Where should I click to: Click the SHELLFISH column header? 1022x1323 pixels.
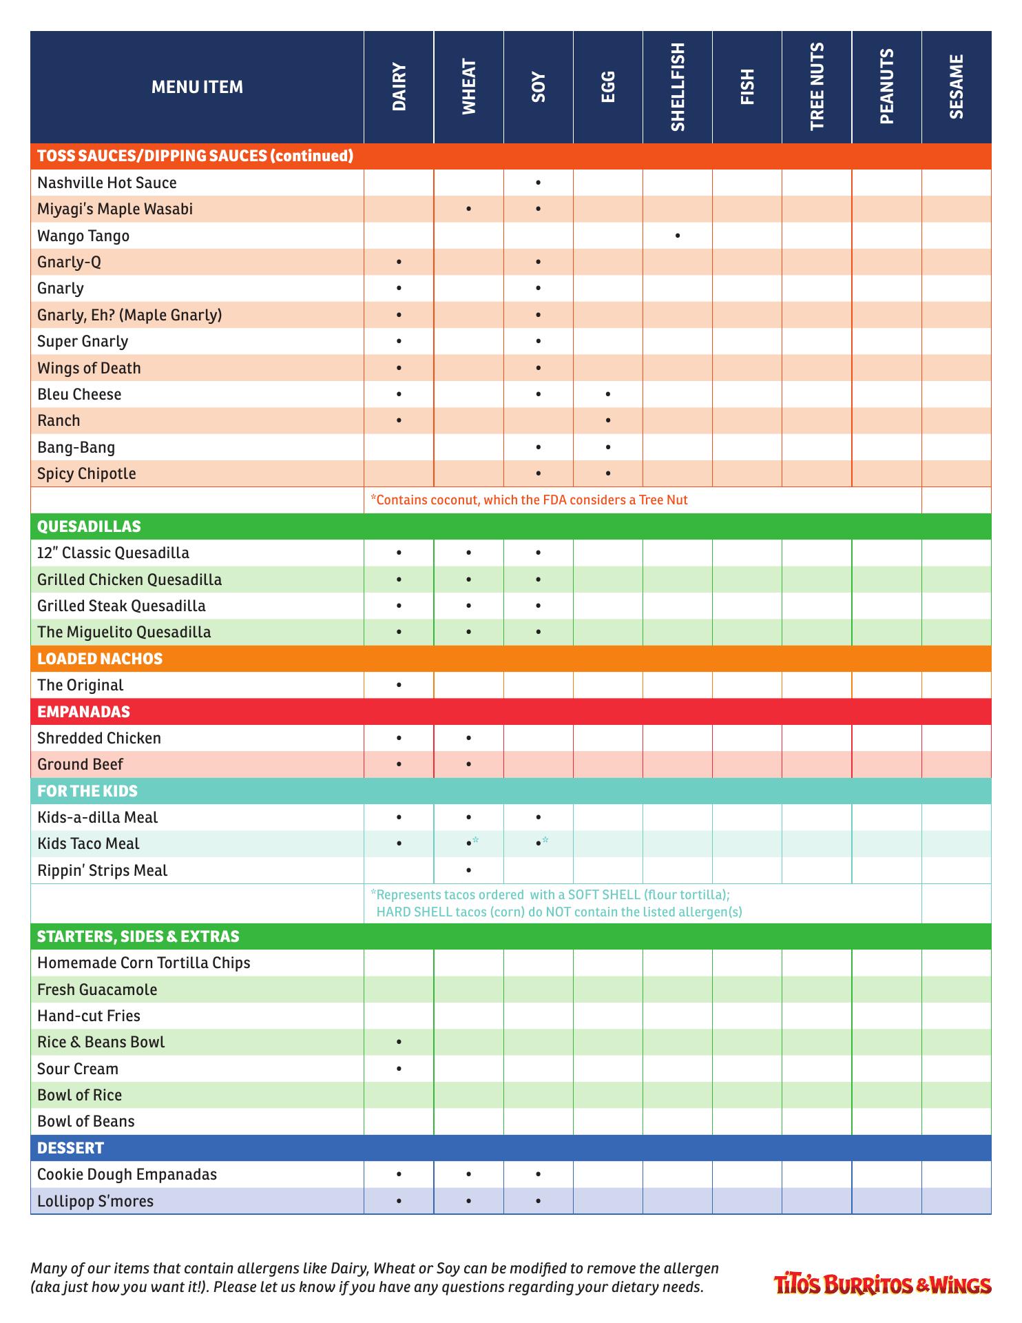click(x=678, y=87)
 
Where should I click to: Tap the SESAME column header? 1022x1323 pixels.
click(x=956, y=87)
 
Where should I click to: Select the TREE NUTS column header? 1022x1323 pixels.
click(x=817, y=87)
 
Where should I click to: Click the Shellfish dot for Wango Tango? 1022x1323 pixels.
click(x=678, y=236)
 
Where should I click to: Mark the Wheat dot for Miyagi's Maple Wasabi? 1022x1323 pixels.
click(x=468, y=209)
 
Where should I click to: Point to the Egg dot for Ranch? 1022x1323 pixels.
click(x=608, y=420)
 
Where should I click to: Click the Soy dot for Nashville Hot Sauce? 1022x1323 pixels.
click(x=538, y=183)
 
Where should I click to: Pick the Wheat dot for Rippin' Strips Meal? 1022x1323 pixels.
click(x=468, y=870)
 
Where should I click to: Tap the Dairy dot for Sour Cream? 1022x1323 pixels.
click(x=399, y=1069)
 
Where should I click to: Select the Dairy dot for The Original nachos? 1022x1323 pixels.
click(x=399, y=685)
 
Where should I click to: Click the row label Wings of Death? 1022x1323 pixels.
click(x=89, y=368)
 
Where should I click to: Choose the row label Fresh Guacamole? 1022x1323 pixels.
click(x=97, y=989)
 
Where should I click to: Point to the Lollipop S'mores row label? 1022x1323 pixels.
click(x=95, y=1201)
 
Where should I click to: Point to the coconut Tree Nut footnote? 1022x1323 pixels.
click(x=529, y=500)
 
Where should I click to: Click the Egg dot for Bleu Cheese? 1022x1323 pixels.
click(x=608, y=394)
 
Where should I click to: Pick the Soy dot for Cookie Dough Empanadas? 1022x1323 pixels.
click(x=538, y=1174)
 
